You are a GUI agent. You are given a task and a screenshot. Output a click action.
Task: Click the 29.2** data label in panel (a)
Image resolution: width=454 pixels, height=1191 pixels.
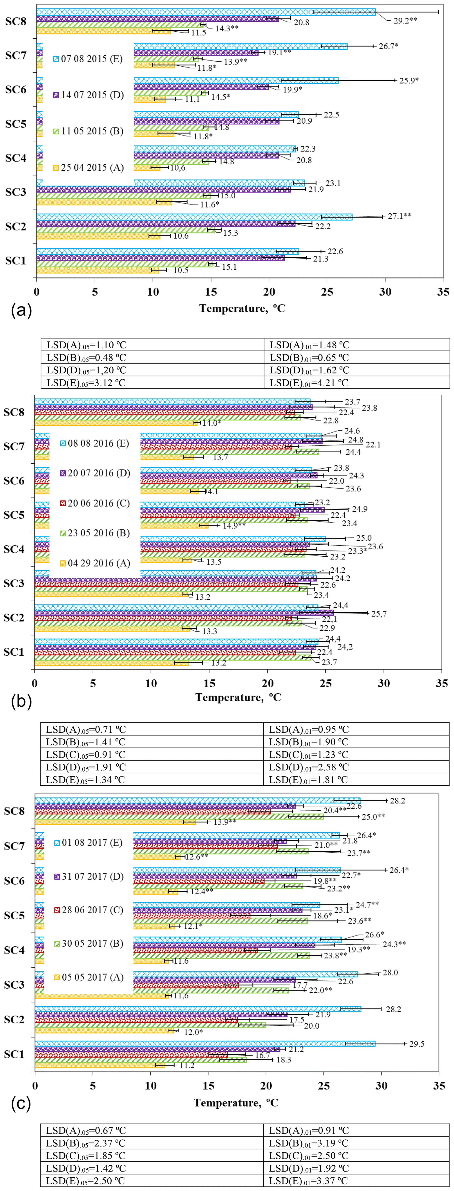(x=405, y=21)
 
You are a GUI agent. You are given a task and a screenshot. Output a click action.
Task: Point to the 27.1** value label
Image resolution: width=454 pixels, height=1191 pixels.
(x=399, y=216)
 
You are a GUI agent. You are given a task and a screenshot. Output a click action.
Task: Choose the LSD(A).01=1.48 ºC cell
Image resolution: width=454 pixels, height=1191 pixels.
(x=309, y=345)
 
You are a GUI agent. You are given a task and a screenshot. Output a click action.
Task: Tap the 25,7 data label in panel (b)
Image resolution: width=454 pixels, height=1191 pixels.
(x=379, y=614)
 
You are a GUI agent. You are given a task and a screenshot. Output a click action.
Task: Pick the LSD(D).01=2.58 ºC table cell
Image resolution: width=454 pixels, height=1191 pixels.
(x=308, y=767)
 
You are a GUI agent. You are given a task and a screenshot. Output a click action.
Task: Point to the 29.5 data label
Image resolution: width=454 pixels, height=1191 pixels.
(x=416, y=1044)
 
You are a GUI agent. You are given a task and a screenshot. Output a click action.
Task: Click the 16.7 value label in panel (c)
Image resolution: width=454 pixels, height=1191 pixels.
(x=262, y=1056)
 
